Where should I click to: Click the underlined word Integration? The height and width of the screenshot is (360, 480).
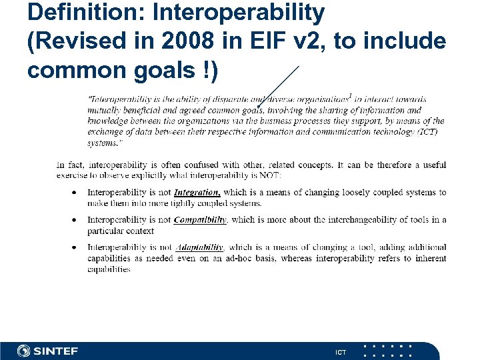point(197,192)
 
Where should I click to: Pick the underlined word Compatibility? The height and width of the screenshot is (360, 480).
point(200,219)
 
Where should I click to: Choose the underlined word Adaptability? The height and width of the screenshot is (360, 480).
point(199,247)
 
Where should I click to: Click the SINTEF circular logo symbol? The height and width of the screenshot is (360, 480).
point(24,351)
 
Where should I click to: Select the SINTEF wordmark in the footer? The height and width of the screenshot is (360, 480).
point(56,351)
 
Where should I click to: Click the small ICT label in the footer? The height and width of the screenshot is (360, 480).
point(341,351)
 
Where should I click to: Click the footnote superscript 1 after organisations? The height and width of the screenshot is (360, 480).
point(350,95)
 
